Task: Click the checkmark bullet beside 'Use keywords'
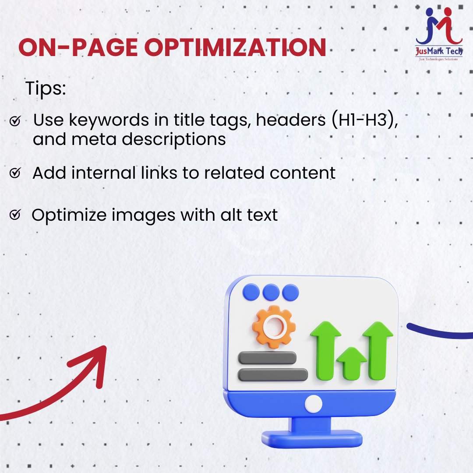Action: [15, 122]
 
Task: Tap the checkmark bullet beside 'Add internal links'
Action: [15, 174]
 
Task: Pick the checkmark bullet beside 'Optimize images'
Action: [15, 215]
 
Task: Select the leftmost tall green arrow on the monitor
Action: [325, 350]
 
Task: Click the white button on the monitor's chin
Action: [314, 404]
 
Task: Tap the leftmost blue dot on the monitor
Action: [251, 292]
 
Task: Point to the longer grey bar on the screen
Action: [272, 375]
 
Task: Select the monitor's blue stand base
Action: [312, 438]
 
